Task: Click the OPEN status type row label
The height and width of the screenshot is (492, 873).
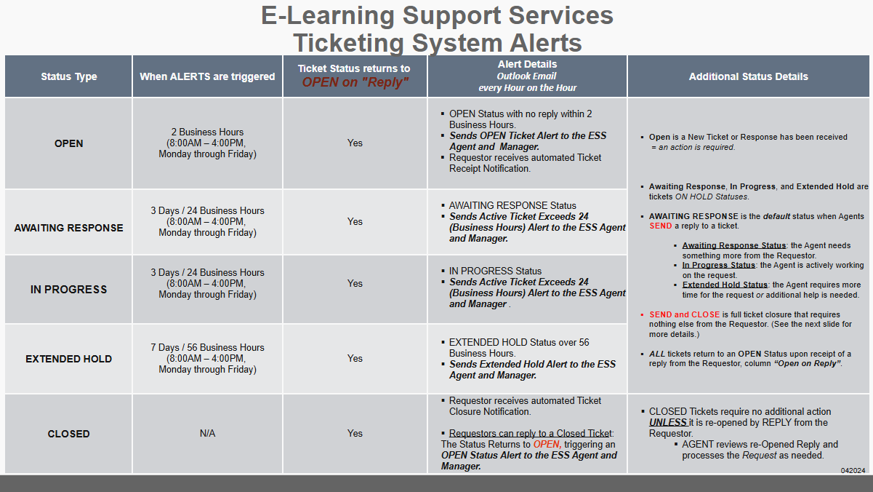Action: point(68,143)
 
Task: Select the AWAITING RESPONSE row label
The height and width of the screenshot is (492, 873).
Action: point(68,228)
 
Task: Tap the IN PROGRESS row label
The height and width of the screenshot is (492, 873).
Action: point(68,290)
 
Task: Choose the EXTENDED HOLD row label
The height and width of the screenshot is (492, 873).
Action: point(68,359)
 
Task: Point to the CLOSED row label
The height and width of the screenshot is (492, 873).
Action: point(68,434)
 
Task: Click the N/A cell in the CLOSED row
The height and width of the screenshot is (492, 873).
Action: point(207,434)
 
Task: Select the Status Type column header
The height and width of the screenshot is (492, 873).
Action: point(69,76)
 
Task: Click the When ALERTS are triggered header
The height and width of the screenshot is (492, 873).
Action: point(207,76)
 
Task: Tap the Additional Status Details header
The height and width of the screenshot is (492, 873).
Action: point(748,76)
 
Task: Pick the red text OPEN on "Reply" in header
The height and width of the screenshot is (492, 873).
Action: point(355,82)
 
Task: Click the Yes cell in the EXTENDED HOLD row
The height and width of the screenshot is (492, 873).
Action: point(355,358)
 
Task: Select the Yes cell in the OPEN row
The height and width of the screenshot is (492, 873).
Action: point(355,143)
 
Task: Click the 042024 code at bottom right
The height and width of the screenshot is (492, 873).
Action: point(853,471)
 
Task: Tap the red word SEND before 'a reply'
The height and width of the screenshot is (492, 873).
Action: point(661,226)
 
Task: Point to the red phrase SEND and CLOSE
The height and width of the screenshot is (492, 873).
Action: point(684,314)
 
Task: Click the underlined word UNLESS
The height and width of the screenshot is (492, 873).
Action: point(668,423)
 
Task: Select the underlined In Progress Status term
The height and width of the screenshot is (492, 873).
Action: point(719,266)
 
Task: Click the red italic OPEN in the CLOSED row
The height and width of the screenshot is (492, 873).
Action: point(547,445)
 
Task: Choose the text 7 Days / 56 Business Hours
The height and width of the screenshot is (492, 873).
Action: point(207,347)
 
